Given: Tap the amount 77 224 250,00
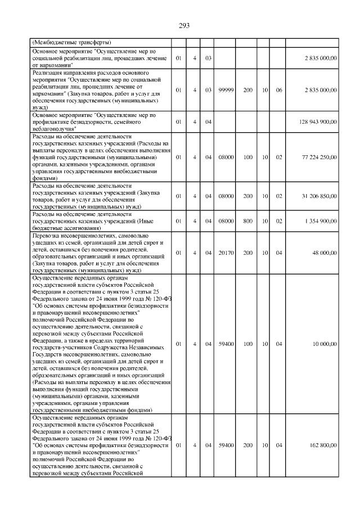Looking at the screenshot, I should pos(319,157).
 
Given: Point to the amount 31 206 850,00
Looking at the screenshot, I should pos(319,196).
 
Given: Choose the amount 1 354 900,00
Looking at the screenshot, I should pos(321,222).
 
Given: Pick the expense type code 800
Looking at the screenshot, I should pos(247,222).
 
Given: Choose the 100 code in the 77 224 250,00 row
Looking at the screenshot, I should pos(247,157).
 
